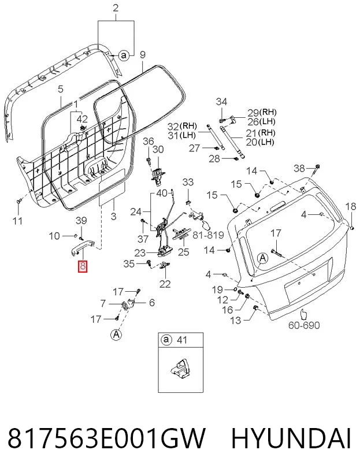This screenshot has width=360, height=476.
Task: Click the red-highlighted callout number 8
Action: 83,266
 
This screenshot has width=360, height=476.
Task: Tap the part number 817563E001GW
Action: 106,438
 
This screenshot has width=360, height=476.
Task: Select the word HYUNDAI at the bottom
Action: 291,438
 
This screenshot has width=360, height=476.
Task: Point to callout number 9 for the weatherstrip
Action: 142,55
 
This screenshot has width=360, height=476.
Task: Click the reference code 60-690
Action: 304,325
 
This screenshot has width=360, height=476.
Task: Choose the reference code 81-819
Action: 208,235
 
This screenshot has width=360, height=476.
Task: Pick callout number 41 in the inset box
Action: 181,340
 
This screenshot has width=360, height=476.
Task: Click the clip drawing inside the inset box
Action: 180,369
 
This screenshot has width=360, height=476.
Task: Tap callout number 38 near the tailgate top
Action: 299,168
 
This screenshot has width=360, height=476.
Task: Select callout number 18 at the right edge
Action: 351,206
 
